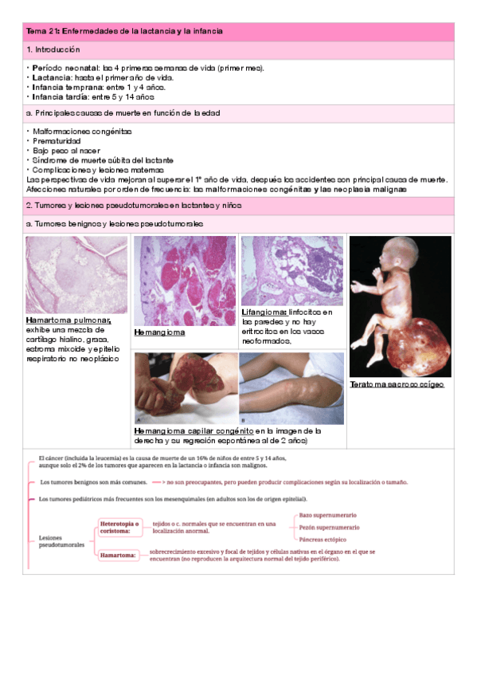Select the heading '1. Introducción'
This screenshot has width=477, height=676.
click(x=53, y=49)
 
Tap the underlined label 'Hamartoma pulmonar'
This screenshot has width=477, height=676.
click(x=68, y=320)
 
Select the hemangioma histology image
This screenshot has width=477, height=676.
click(x=184, y=280)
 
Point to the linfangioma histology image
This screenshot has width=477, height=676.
click(x=292, y=270)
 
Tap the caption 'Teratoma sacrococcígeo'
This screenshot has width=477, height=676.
click(x=397, y=384)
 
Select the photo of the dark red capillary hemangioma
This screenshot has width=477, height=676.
click(x=184, y=388)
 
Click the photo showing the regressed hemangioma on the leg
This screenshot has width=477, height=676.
click(x=291, y=388)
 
